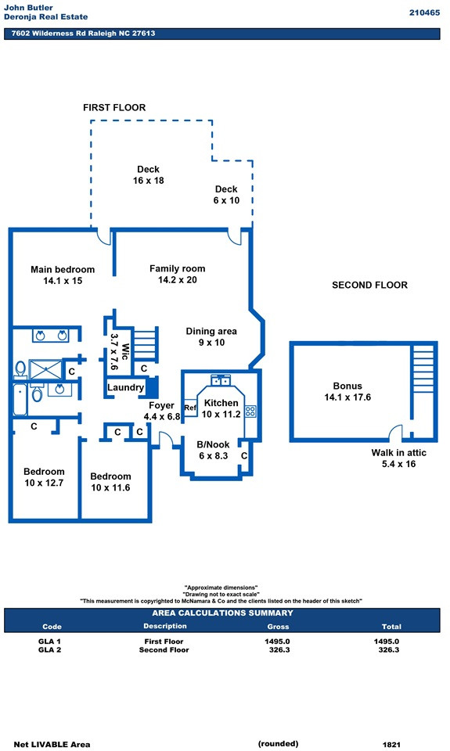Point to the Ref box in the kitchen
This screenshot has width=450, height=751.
[190, 408]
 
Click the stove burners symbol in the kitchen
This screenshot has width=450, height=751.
[250, 411]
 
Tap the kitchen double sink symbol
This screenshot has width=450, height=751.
[221, 381]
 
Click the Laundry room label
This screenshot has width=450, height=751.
[125, 387]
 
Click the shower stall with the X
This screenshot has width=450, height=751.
[45, 370]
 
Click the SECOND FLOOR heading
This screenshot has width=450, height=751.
[370, 285]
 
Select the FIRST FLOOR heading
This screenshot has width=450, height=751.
[114, 107]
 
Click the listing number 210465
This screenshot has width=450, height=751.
[424, 13]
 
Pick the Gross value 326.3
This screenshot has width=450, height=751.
[279, 650]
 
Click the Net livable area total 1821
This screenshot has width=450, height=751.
[391, 744]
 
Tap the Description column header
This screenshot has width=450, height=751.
[165, 626]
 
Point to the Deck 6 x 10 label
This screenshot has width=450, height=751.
[226, 195]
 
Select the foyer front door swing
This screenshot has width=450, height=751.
[166, 440]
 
